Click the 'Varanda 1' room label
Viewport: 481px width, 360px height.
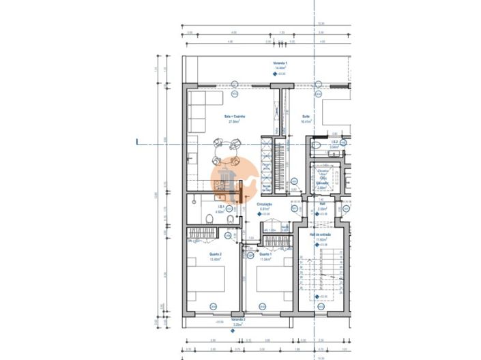coord(280,63)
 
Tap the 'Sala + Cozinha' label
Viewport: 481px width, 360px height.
coord(234,117)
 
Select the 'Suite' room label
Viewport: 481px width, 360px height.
coord(306,117)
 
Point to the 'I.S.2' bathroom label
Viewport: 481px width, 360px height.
coord(335,142)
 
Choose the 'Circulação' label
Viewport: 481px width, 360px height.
coord(265,204)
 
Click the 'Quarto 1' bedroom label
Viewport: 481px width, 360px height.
coord(265,254)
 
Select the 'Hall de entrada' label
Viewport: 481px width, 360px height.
coord(320,235)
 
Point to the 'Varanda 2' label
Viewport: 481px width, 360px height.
coord(237,319)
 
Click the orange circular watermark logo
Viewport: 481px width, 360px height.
coord(233,179)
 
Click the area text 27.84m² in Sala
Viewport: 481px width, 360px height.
coord(234,122)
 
